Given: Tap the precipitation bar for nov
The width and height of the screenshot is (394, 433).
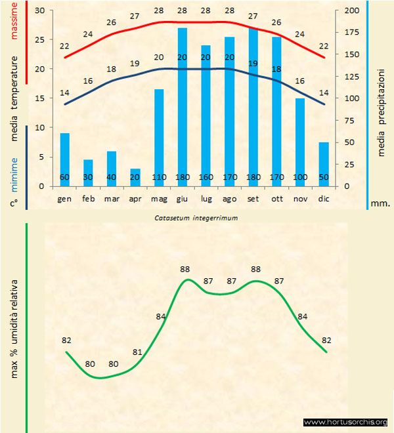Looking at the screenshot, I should click(x=299, y=142).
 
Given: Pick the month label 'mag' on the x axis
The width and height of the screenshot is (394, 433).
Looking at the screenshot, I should click(x=158, y=198).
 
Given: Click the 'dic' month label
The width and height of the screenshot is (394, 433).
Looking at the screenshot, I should click(x=323, y=198).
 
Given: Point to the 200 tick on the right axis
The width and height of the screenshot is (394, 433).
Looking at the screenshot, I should click(x=352, y=10).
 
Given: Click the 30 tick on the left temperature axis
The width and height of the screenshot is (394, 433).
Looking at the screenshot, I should click(x=39, y=10).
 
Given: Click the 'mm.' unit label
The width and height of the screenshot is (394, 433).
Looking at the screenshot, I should click(x=380, y=203).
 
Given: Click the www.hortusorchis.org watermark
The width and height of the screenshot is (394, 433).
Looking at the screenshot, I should click(x=345, y=422).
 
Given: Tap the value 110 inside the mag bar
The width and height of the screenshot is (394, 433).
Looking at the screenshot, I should click(x=158, y=178).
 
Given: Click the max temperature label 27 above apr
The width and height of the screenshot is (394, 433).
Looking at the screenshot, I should click(x=135, y=16).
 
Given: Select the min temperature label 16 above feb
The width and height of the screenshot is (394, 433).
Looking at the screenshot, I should click(x=88, y=81).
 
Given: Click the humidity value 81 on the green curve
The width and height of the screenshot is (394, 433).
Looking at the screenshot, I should click(x=137, y=352).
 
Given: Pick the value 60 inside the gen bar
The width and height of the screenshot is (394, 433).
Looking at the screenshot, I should click(x=64, y=178).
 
